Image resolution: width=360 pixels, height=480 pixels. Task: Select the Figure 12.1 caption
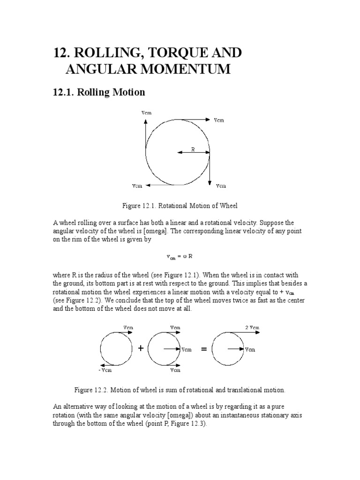(x=180, y=205)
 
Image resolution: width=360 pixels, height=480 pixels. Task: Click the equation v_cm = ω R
(x=180, y=256)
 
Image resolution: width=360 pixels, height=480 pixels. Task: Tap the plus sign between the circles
(x=140, y=348)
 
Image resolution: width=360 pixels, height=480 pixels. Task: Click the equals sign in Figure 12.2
(x=203, y=349)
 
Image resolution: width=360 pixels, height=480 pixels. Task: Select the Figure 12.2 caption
(x=180, y=390)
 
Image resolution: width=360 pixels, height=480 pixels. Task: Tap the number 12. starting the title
(x=63, y=52)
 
